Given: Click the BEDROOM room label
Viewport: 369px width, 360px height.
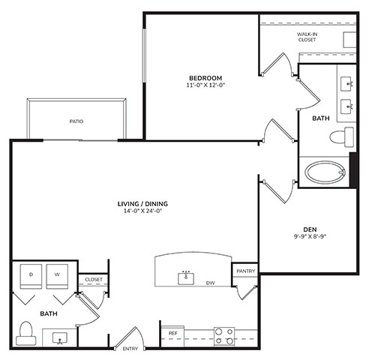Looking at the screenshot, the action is [x=205, y=78].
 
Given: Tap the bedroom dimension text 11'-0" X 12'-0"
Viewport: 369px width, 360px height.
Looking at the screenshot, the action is [x=205, y=85].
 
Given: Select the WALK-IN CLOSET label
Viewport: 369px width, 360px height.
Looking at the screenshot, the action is [x=307, y=37].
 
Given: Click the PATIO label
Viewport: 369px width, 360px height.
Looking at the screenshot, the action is [x=76, y=121].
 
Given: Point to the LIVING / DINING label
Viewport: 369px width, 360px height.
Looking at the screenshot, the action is [x=142, y=204].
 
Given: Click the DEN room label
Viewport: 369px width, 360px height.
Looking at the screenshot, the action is [x=310, y=229].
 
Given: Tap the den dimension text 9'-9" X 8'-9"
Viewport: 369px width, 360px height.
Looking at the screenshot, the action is [x=310, y=236].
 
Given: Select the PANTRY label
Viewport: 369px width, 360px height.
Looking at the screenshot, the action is [x=246, y=271].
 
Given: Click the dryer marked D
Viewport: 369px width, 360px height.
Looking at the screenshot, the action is [x=31, y=276].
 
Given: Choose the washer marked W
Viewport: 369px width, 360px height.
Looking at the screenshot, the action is [x=57, y=276].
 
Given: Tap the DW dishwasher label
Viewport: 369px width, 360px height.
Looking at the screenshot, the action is [x=211, y=283].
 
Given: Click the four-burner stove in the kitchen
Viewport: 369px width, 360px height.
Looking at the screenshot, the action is [x=224, y=337].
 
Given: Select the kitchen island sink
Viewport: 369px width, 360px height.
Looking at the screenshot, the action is [x=186, y=278].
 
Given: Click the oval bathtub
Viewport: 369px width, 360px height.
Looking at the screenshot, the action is [x=325, y=172].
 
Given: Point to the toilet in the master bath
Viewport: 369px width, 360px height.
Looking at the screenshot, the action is [x=342, y=137].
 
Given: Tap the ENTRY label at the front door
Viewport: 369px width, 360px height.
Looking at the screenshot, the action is [x=130, y=349].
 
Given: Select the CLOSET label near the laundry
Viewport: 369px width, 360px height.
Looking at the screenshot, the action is [x=94, y=280].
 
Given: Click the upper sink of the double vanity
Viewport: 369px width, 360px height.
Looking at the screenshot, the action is [x=346, y=84].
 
